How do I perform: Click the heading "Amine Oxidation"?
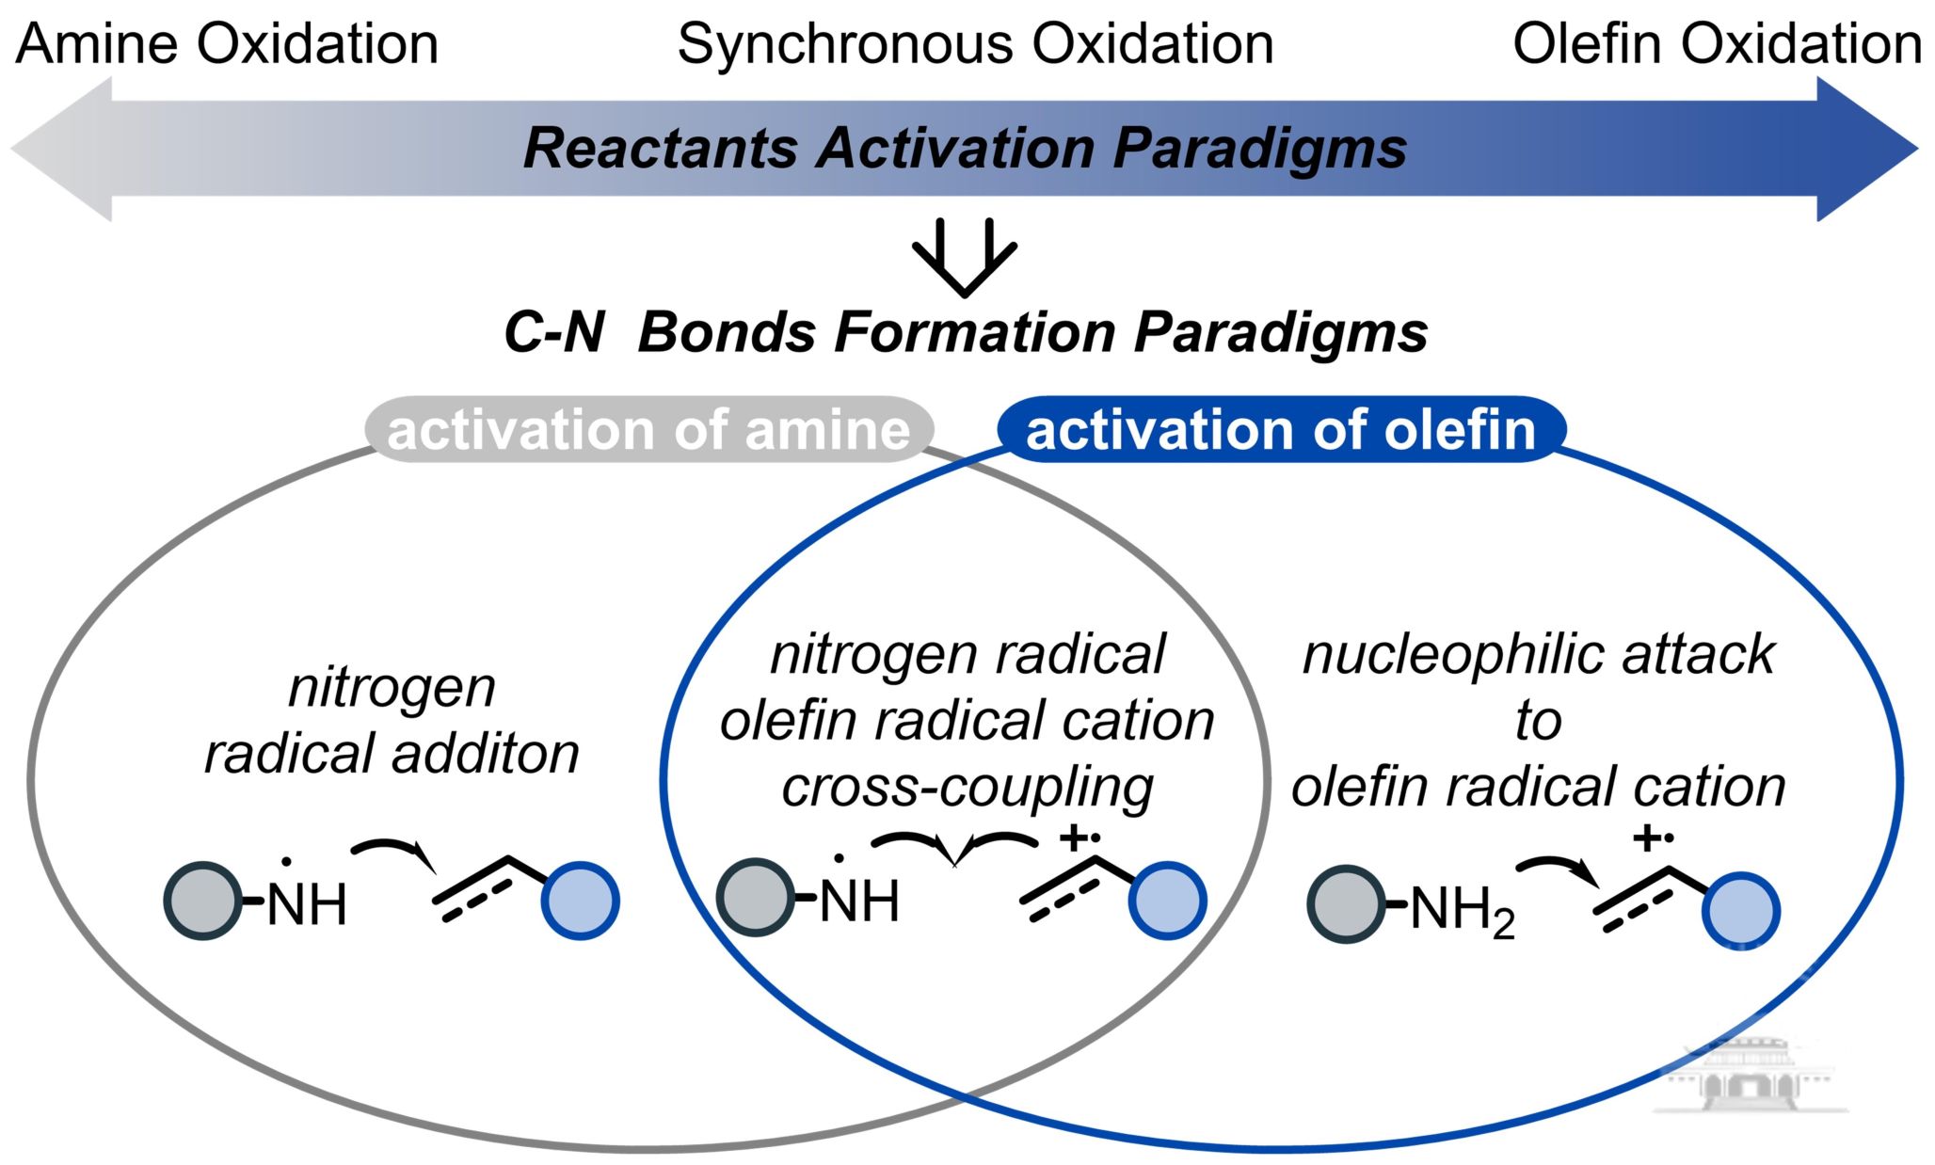pyautogui.click(x=227, y=44)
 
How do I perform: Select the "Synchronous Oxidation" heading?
pyautogui.click(x=975, y=44)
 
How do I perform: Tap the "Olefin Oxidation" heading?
pyautogui.click(x=1717, y=44)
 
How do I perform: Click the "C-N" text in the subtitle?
pyautogui.click(x=553, y=332)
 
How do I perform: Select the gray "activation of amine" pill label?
pyautogui.click(x=648, y=430)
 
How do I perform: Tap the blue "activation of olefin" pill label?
pyautogui.click(x=1281, y=430)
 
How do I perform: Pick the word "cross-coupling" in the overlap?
pyautogui.click(x=967, y=787)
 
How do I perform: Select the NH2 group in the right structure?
pyautogui.click(x=1462, y=911)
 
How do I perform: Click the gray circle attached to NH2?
pyautogui.click(x=1346, y=904)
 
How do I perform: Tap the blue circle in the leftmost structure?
pyautogui.click(x=580, y=901)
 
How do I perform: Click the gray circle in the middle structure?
pyautogui.click(x=755, y=897)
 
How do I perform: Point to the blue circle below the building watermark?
pyautogui.click(x=1740, y=911)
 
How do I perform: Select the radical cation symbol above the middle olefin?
pyautogui.click(x=1079, y=837)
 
